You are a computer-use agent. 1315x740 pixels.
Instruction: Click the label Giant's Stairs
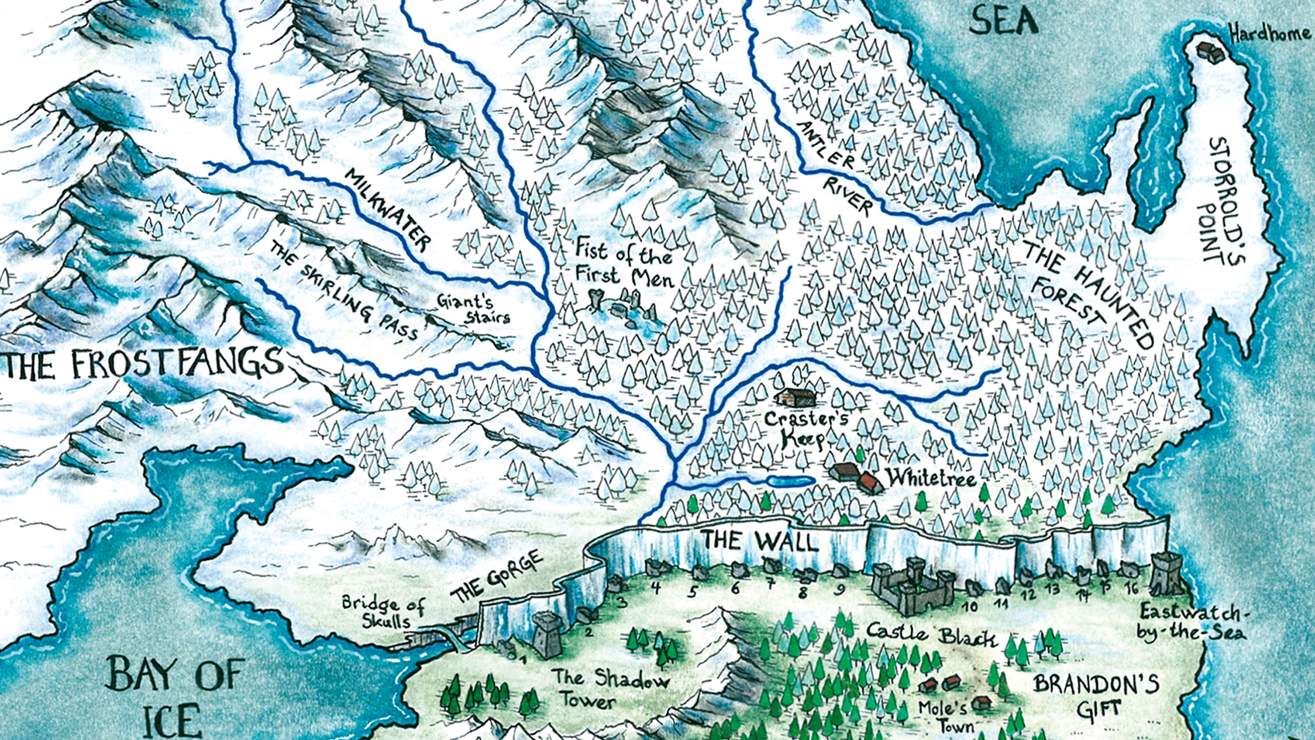[473, 309]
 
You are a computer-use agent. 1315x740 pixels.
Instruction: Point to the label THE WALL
[760, 541]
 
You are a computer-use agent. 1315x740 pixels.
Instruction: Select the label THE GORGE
[496, 577]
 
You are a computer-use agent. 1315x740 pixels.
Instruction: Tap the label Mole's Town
[936, 716]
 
